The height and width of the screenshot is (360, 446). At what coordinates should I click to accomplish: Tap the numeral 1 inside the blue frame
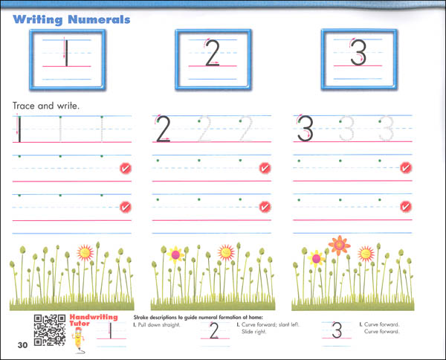click(65, 54)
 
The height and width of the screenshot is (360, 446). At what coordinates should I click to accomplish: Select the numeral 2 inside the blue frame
click(212, 54)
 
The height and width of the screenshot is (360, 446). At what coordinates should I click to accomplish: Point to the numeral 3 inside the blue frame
click(358, 54)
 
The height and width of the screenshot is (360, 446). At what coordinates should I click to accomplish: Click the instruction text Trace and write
click(45, 106)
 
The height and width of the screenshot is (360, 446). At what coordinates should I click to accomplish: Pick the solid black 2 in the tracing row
click(164, 129)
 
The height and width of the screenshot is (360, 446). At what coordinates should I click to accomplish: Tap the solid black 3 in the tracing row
click(304, 129)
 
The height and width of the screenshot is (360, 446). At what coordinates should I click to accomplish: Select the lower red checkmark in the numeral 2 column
click(265, 208)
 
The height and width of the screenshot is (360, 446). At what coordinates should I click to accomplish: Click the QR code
click(48, 329)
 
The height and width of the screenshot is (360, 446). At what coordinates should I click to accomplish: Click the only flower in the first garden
click(86, 252)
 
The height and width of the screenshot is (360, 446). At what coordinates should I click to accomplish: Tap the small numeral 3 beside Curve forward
click(337, 332)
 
